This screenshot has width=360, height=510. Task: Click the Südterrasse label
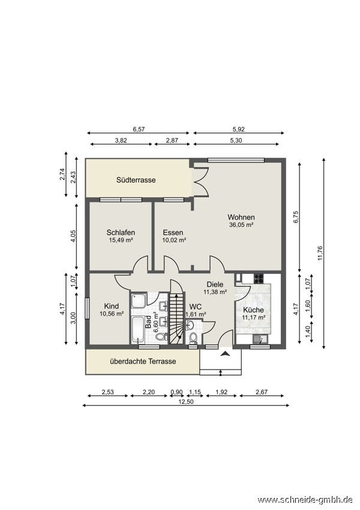[136, 180]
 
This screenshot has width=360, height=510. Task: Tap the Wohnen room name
[241, 217]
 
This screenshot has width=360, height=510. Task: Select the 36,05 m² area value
[241, 225]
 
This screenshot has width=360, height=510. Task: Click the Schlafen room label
[121, 233]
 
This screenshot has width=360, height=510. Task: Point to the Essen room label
[173, 233]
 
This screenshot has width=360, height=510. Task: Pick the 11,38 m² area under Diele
[215, 292]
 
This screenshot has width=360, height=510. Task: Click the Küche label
[253, 310]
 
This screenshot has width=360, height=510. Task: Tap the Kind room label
[111, 306]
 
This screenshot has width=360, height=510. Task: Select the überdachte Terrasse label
[143, 361]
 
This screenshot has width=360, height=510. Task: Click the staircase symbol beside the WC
[177, 319]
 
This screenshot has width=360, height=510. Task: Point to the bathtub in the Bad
[138, 329]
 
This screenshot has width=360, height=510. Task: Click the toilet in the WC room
[193, 338]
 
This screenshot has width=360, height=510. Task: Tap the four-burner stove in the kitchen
[259, 278]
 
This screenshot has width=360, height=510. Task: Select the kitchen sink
[260, 339]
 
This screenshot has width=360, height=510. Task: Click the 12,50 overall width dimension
[186, 402]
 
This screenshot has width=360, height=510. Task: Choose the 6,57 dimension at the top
[139, 130]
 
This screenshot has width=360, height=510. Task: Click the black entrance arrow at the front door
[225, 354]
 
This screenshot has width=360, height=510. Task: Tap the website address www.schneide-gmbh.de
[305, 499]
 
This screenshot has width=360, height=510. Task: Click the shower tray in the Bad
[139, 301]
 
